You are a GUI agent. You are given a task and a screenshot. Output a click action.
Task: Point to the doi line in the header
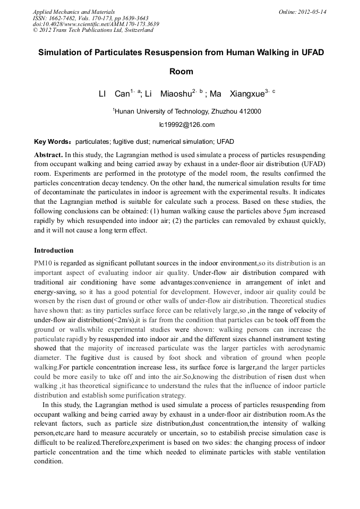(x=96, y=24)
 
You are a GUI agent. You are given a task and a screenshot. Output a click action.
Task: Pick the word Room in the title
(x=181, y=71)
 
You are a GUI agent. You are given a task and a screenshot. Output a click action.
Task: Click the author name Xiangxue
(x=246, y=94)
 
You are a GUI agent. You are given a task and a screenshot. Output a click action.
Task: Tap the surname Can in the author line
(x=122, y=94)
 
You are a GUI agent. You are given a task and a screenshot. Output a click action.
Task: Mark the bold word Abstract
(x=48, y=154)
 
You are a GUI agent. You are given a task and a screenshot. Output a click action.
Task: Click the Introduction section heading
(x=54, y=250)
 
